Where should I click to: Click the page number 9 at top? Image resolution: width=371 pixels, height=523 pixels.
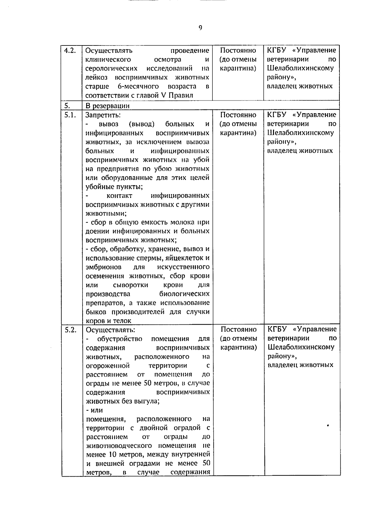click(x=200, y=28)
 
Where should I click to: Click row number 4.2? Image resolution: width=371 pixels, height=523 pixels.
click(x=70, y=50)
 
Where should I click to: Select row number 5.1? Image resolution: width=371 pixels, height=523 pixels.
click(x=70, y=115)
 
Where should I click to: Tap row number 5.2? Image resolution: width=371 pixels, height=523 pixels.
click(x=70, y=330)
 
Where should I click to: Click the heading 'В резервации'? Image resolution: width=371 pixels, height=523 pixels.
click(x=107, y=106)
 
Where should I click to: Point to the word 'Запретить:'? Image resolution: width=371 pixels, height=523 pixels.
click(x=103, y=115)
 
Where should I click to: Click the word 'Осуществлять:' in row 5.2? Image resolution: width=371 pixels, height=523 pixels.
click(x=110, y=330)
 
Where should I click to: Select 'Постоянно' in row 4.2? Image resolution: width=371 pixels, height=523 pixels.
click(x=238, y=50)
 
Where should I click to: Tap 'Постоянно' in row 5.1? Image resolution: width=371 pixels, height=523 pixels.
click(x=238, y=115)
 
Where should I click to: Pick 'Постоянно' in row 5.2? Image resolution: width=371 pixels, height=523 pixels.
click(x=238, y=329)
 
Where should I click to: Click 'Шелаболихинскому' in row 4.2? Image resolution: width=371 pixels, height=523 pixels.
click(x=300, y=68)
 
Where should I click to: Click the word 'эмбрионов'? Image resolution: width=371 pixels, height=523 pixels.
click(x=103, y=267)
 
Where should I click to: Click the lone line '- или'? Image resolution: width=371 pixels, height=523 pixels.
click(x=94, y=410)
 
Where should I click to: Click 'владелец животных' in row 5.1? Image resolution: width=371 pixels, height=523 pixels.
click(x=300, y=151)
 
